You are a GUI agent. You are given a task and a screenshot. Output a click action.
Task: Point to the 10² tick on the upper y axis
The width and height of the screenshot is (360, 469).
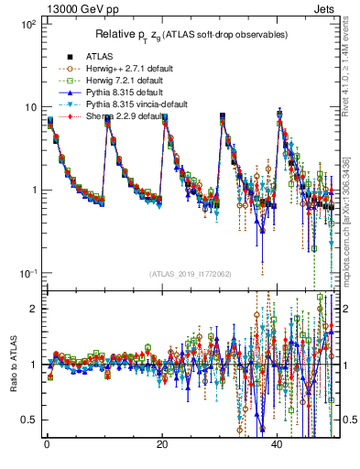(28, 24)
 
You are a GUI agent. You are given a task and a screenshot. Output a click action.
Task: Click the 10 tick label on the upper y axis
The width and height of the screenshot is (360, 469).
(30, 107)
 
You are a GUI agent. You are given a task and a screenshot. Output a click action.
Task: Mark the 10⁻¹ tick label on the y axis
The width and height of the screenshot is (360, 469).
(28, 274)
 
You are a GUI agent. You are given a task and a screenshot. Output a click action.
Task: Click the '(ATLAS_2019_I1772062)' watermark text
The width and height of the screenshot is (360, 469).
(189, 274)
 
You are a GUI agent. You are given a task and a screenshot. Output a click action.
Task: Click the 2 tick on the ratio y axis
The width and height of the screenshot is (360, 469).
(33, 309)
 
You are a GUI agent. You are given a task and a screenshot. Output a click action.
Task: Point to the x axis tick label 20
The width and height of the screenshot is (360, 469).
(162, 444)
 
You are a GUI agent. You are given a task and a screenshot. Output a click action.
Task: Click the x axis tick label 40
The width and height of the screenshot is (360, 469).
(278, 444)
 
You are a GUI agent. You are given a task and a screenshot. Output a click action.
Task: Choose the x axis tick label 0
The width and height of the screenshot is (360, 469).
(46, 444)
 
